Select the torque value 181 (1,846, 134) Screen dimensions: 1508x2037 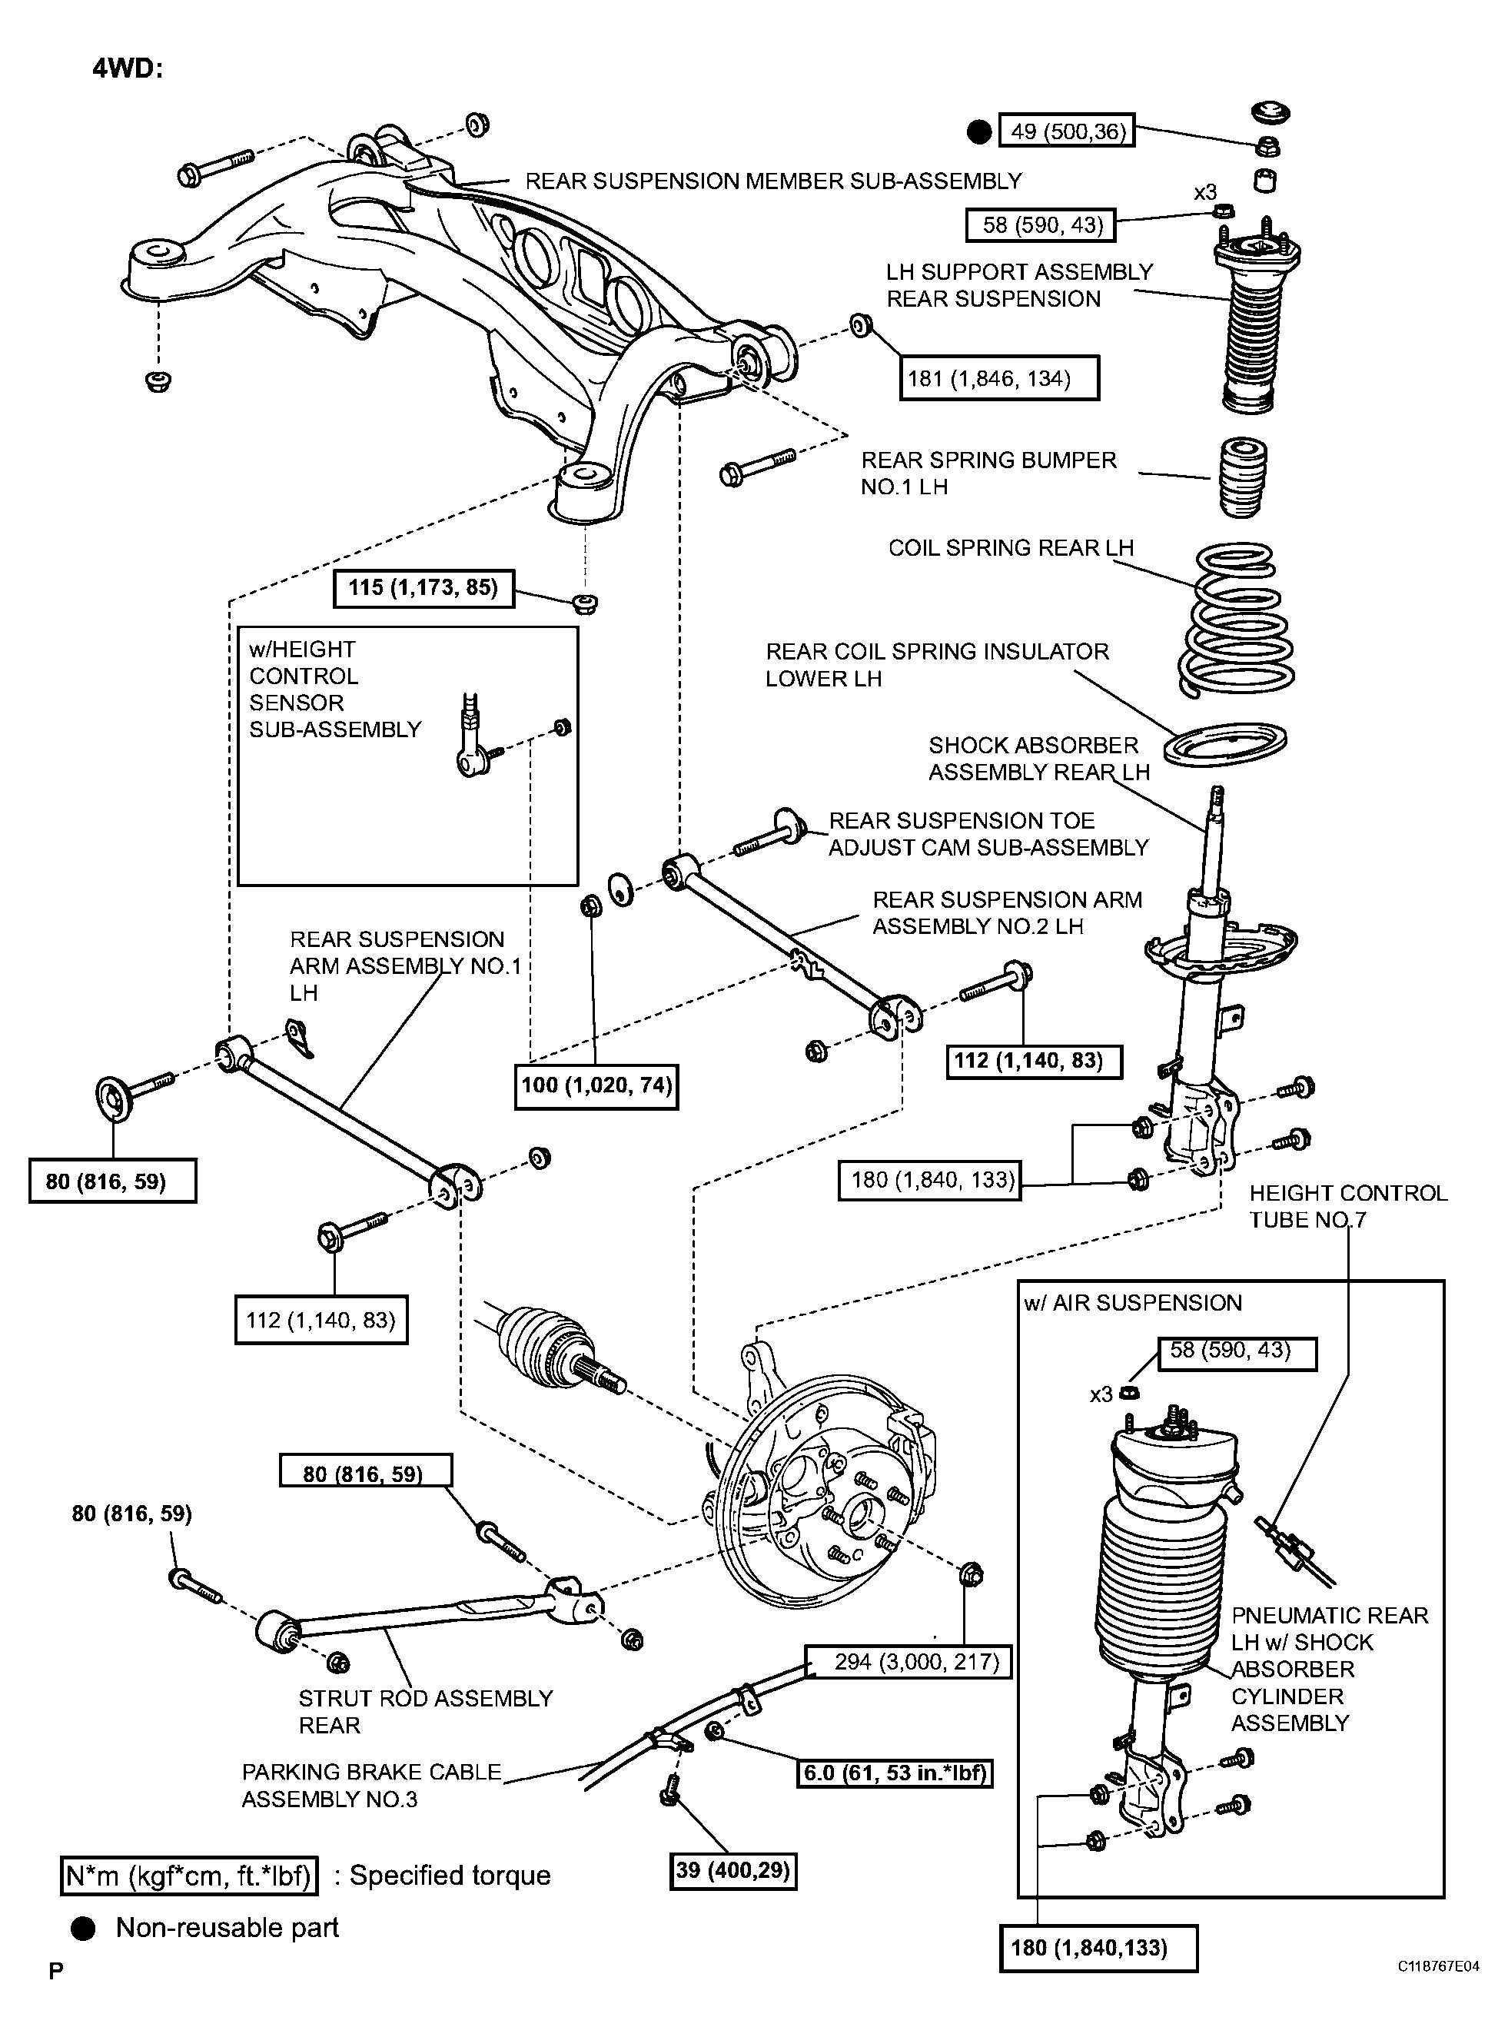click(x=998, y=378)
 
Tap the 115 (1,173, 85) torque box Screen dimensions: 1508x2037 click(x=424, y=587)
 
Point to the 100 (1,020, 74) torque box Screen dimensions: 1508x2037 click(x=596, y=1085)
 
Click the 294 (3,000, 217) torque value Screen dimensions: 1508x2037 click(x=908, y=1662)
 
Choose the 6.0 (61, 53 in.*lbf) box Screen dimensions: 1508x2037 click(x=895, y=1773)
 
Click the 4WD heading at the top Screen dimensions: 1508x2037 click(x=127, y=68)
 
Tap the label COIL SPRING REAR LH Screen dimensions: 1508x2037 click(x=1011, y=548)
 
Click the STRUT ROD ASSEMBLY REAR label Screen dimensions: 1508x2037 click(x=425, y=1712)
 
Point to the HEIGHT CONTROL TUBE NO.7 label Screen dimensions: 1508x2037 click(x=1347, y=1206)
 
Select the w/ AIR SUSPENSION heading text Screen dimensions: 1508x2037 click(x=1133, y=1303)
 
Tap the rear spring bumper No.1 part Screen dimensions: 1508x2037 click(x=1244, y=477)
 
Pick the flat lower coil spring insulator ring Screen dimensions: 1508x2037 click(x=1225, y=744)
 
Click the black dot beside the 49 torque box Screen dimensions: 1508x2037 click(x=978, y=132)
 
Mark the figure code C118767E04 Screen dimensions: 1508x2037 click(x=1438, y=1992)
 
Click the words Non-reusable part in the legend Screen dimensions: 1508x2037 click(x=228, y=1927)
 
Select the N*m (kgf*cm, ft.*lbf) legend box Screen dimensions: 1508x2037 click(x=189, y=1876)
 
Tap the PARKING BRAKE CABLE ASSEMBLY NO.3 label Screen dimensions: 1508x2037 click(x=371, y=1785)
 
